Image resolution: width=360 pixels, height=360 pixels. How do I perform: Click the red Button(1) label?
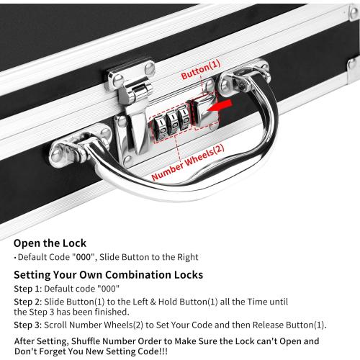pos(201,75)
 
